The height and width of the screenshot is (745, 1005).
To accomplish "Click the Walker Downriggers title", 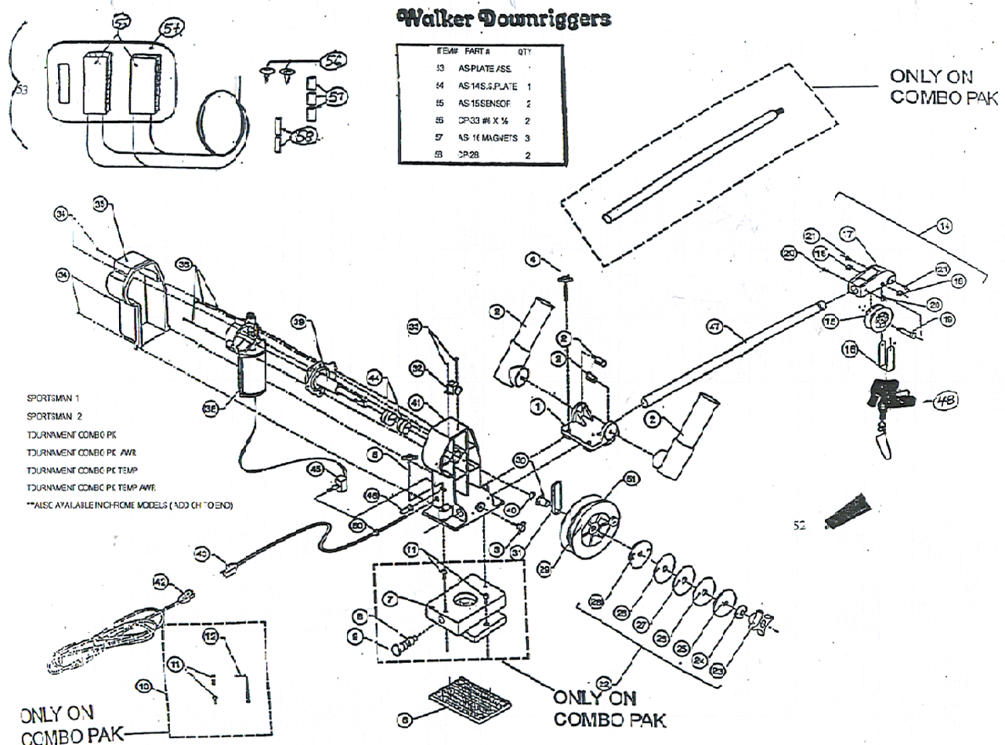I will click(x=502, y=19).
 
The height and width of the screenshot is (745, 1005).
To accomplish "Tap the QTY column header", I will click(x=524, y=52).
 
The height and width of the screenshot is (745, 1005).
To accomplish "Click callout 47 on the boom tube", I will click(x=715, y=327).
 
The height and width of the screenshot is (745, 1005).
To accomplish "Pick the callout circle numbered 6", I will click(x=404, y=719).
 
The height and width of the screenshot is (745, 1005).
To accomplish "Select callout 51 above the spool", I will click(x=632, y=479).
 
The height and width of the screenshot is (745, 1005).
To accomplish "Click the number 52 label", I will click(x=799, y=525).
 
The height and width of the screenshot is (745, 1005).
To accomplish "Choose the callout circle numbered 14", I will click(x=944, y=226).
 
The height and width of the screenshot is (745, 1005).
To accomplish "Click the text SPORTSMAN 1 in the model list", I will click(x=53, y=398).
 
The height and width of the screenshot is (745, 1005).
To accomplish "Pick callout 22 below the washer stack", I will click(x=605, y=682).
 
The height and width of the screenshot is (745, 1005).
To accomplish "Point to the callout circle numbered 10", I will click(x=143, y=686).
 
